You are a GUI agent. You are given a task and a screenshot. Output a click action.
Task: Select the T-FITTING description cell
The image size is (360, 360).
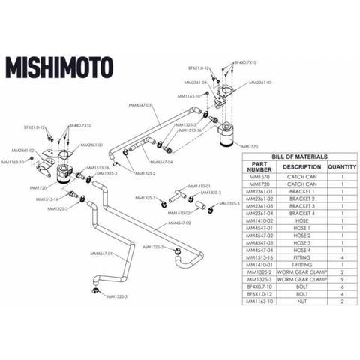[x=302, y=265]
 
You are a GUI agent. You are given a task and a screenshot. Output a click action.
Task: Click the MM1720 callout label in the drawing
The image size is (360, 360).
[x=38, y=187]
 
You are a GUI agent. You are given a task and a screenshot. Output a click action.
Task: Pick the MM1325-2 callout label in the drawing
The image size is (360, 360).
[x=145, y=173]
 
